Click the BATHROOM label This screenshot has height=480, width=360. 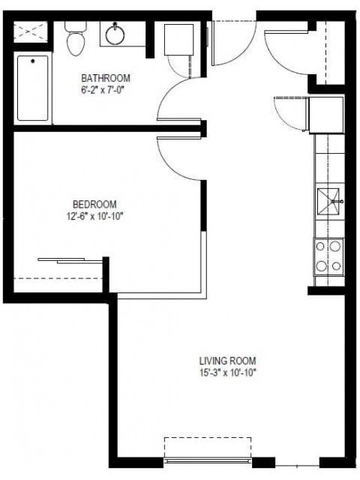point(106,78)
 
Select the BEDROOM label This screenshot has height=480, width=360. point(94,204)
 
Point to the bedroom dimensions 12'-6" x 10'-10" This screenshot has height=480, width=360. point(94,216)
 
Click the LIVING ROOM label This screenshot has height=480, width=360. point(227,361)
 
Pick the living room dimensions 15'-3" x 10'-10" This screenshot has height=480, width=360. point(227,373)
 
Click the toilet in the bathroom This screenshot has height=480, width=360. point(76,40)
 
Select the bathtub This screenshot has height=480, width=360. point(32,88)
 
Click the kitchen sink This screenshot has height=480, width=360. point(329,200)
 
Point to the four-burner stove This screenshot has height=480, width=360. point(328,255)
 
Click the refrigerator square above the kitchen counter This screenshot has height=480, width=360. point(326,113)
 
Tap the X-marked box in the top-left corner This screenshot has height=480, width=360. point(31,31)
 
